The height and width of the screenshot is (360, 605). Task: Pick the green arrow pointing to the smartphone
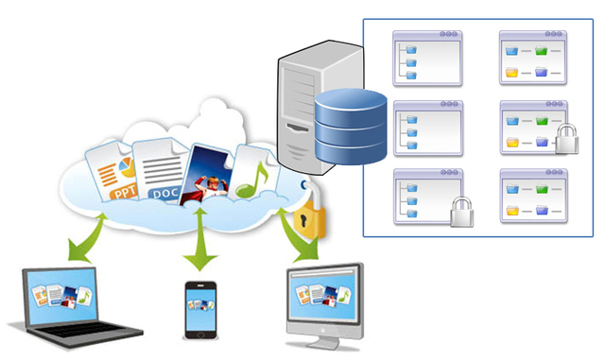(x=199, y=249)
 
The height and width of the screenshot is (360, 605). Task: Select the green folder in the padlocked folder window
(x=542, y=120)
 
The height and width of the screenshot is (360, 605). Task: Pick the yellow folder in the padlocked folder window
(x=512, y=143)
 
